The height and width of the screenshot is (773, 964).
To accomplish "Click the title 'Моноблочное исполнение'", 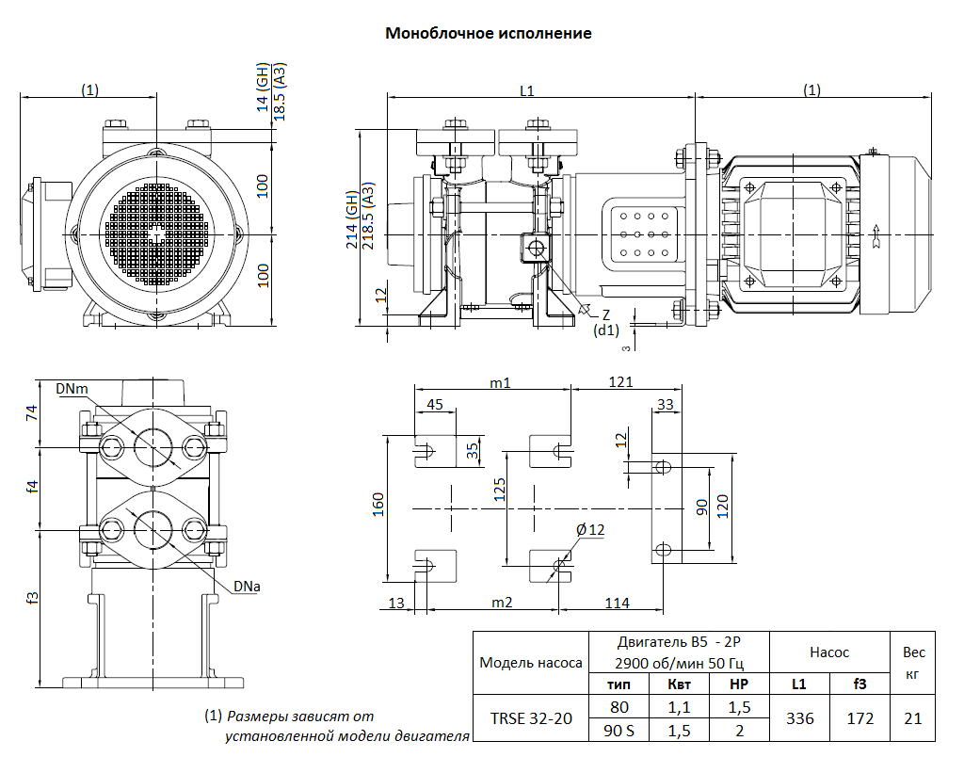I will (489, 33).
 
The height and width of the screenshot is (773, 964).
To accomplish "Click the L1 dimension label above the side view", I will (527, 90).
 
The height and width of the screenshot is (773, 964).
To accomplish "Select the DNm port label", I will (72, 389).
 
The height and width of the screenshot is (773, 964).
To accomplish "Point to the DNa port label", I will (248, 587).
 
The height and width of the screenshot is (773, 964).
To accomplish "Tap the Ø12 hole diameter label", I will (590, 530).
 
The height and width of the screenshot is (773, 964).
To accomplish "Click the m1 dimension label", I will (500, 382).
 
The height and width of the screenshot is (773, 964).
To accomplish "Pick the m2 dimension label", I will (502, 603).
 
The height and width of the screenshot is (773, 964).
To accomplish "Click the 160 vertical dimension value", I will (378, 504).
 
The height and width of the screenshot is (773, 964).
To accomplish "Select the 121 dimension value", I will (620, 382).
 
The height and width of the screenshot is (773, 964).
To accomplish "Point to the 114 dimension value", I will (617, 603).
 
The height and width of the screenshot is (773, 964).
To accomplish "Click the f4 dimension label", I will (32, 487).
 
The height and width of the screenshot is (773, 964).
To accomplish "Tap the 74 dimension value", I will (31, 412).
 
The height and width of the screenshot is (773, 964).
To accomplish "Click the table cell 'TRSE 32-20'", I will (531, 718).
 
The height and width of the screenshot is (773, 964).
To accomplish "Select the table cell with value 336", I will (799, 718).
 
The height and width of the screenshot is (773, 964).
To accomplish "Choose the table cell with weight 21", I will (912, 718).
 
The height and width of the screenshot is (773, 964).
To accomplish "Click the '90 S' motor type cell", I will (619, 730).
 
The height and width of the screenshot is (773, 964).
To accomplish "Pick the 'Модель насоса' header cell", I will (529, 662).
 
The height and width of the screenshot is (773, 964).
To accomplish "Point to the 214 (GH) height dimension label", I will (351, 219).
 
